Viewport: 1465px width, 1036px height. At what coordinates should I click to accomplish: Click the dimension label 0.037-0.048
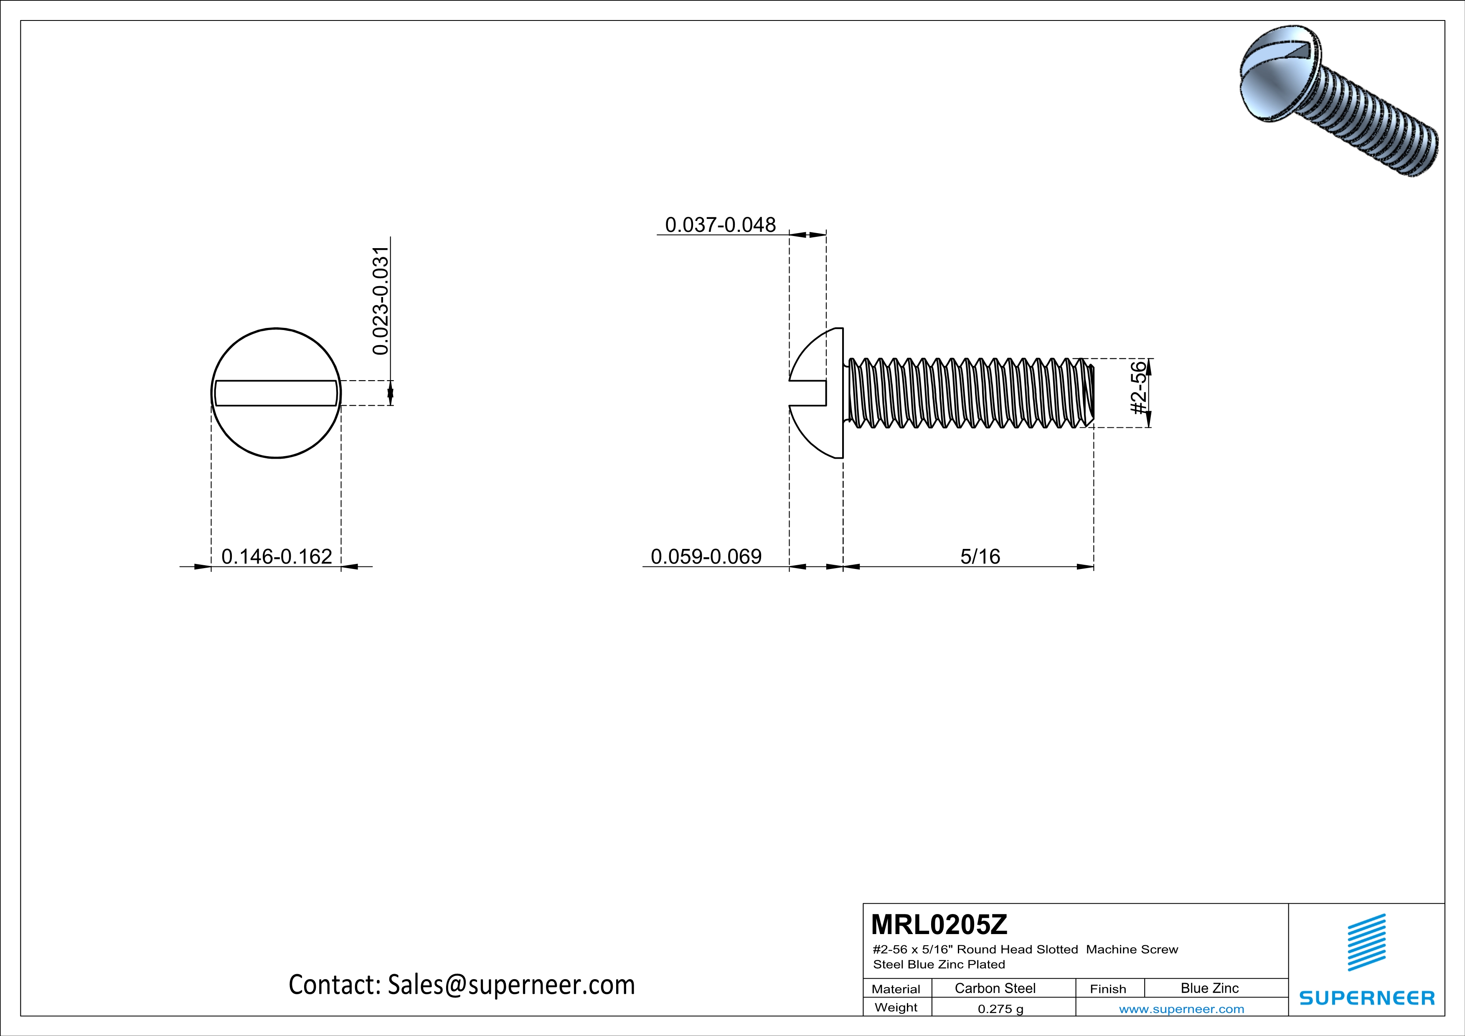[720, 225]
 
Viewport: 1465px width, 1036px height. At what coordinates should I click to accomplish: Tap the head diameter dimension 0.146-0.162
[276, 556]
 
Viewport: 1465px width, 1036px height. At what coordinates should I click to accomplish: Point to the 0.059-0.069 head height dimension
[706, 556]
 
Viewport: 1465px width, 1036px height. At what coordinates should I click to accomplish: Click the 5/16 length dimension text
[980, 556]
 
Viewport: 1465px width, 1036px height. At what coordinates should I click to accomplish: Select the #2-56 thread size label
[1138, 388]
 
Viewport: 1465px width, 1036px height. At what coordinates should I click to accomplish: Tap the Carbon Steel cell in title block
[995, 988]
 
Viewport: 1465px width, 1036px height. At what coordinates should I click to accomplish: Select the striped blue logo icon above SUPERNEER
[1366, 942]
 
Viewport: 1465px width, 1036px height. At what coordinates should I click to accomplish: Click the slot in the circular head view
[276, 393]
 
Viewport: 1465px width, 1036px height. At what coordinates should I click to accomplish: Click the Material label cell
[896, 989]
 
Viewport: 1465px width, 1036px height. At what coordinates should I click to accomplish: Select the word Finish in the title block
[1108, 989]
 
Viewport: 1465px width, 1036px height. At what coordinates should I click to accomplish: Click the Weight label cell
[896, 1007]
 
